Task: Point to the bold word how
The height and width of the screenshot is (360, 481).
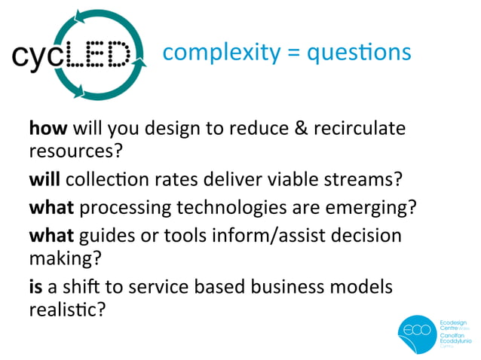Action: (x=45, y=129)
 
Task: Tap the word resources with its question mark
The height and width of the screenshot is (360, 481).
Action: (x=75, y=151)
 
